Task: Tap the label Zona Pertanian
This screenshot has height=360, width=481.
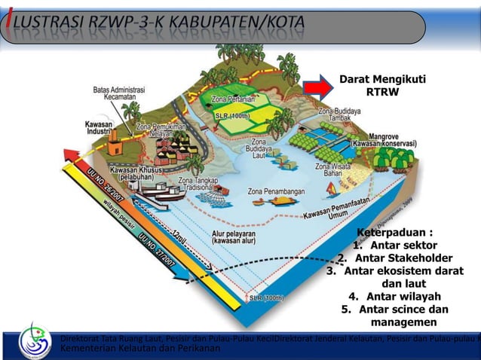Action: click(x=231, y=99)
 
